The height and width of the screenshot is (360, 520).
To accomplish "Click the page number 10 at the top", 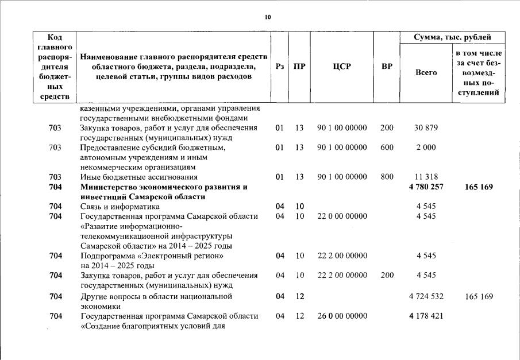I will [267, 17].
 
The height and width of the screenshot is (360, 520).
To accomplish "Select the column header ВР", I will [387, 67].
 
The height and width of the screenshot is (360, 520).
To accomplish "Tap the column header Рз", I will [279, 67].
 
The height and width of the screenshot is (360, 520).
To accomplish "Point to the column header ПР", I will [299, 67].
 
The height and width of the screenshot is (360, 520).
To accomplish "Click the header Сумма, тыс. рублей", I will [452, 37].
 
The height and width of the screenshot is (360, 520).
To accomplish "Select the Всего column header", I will [426, 72].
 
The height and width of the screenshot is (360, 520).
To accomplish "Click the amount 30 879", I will [426, 127].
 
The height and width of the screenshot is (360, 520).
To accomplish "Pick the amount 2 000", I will [426, 148].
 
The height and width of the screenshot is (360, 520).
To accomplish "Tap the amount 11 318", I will [426, 177].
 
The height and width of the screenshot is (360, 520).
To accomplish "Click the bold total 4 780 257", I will [426, 187].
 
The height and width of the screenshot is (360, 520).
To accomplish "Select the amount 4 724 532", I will [426, 296].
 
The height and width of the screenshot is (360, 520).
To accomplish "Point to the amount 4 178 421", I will [426, 316].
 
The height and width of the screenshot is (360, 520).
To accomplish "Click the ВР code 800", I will [387, 177].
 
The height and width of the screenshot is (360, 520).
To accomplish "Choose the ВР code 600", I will [387, 148].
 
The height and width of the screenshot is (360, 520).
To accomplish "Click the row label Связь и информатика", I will [120, 206].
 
